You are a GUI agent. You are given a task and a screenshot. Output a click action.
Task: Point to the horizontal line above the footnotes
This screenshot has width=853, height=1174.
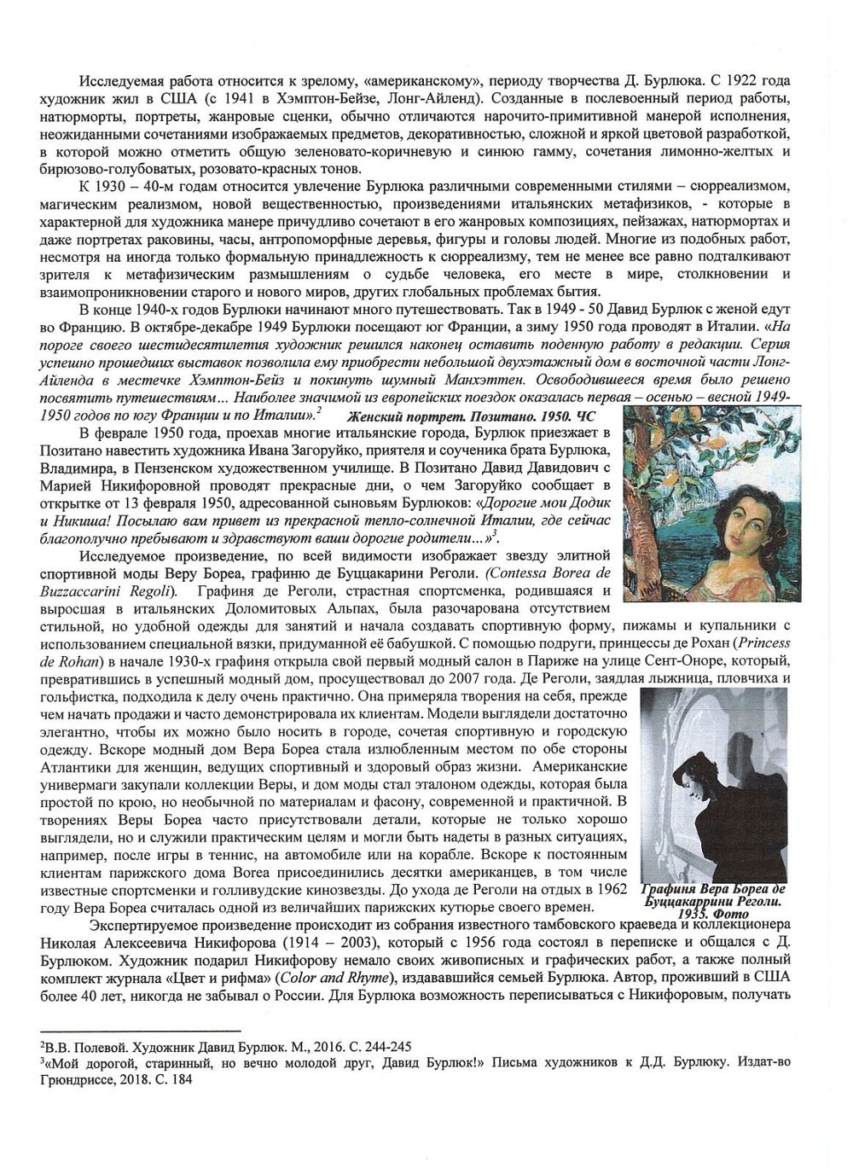click(142, 1032)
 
